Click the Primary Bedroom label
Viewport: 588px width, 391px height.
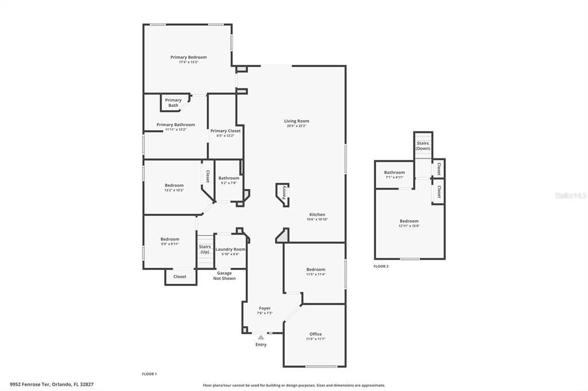click(188, 57)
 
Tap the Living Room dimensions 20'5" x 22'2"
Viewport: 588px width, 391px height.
click(297, 126)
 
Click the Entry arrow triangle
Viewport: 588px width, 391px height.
click(261, 337)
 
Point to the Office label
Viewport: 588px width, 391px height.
click(315, 334)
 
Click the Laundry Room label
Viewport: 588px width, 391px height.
click(230, 249)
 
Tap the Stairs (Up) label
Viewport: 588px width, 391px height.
click(204, 249)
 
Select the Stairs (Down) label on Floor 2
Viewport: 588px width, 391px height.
click(423, 146)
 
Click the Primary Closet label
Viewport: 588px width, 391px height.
click(225, 131)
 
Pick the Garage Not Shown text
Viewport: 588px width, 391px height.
click(224, 276)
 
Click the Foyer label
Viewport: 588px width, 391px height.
click(264, 308)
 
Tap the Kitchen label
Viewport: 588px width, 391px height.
click(317, 214)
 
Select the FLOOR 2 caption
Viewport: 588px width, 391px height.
click(381, 266)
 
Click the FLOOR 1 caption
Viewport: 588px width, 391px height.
click(149, 374)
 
